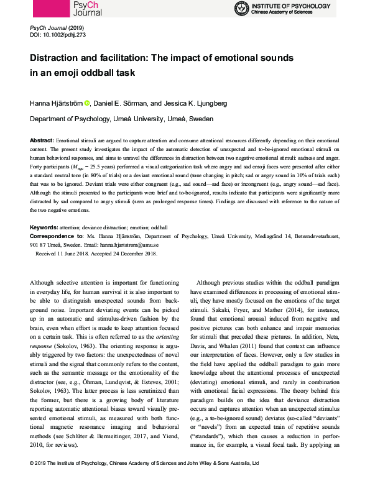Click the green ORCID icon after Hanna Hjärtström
[x=86, y=102]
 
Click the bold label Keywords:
[x=47, y=229]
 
